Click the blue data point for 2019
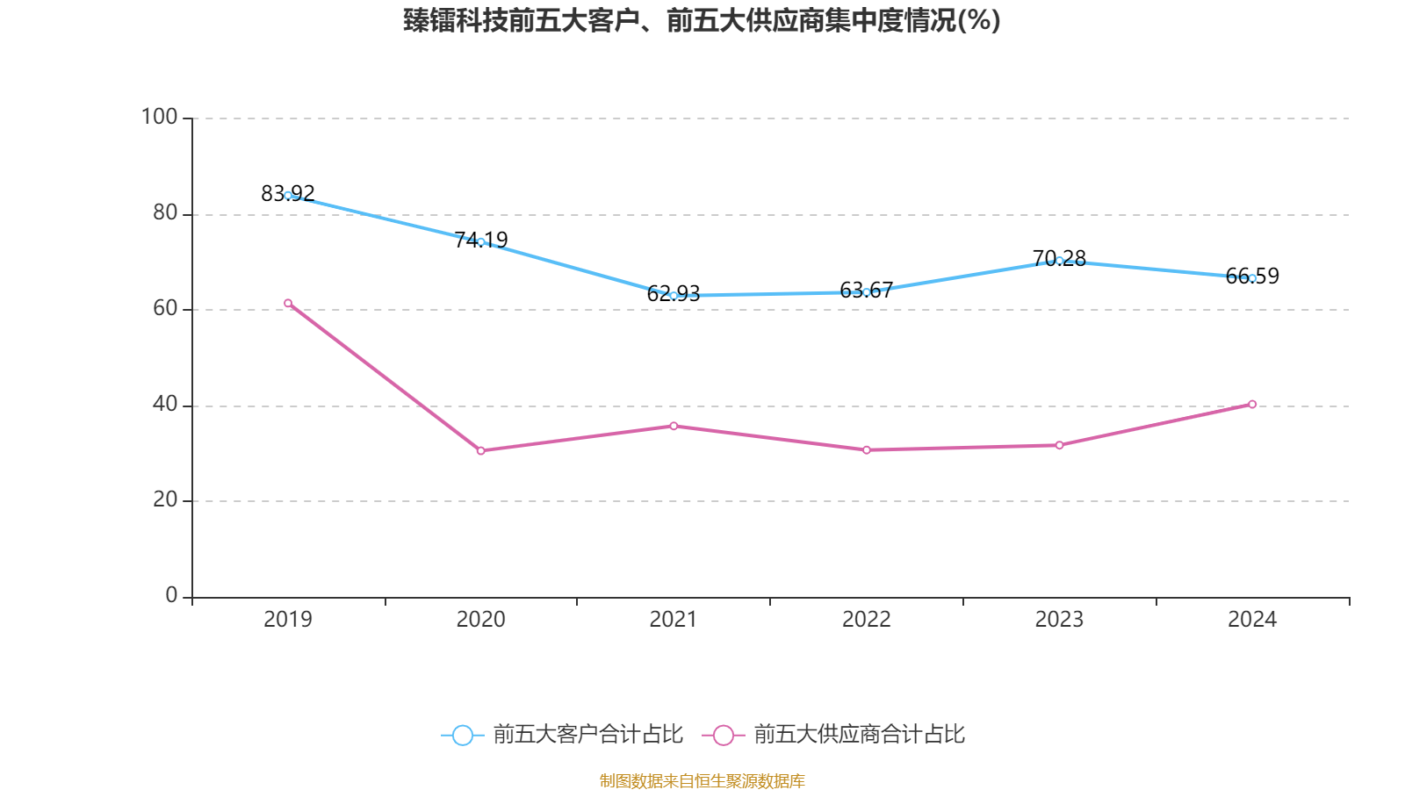(x=288, y=196)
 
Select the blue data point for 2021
(x=674, y=296)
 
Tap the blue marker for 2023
(x=1059, y=261)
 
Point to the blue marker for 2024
(x=1252, y=278)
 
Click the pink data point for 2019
(x=288, y=303)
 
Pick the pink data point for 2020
(x=480, y=450)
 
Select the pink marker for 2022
(x=866, y=449)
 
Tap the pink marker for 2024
(x=1252, y=405)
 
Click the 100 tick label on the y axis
(x=159, y=117)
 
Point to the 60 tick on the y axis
(x=165, y=308)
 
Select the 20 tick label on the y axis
(x=165, y=499)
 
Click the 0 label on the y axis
(x=171, y=595)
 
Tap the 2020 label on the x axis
(x=480, y=620)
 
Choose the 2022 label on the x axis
(x=866, y=620)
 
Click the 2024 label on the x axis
(x=1252, y=620)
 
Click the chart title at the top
(x=702, y=20)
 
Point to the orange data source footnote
(x=702, y=780)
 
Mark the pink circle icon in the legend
(x=723, y=736)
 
